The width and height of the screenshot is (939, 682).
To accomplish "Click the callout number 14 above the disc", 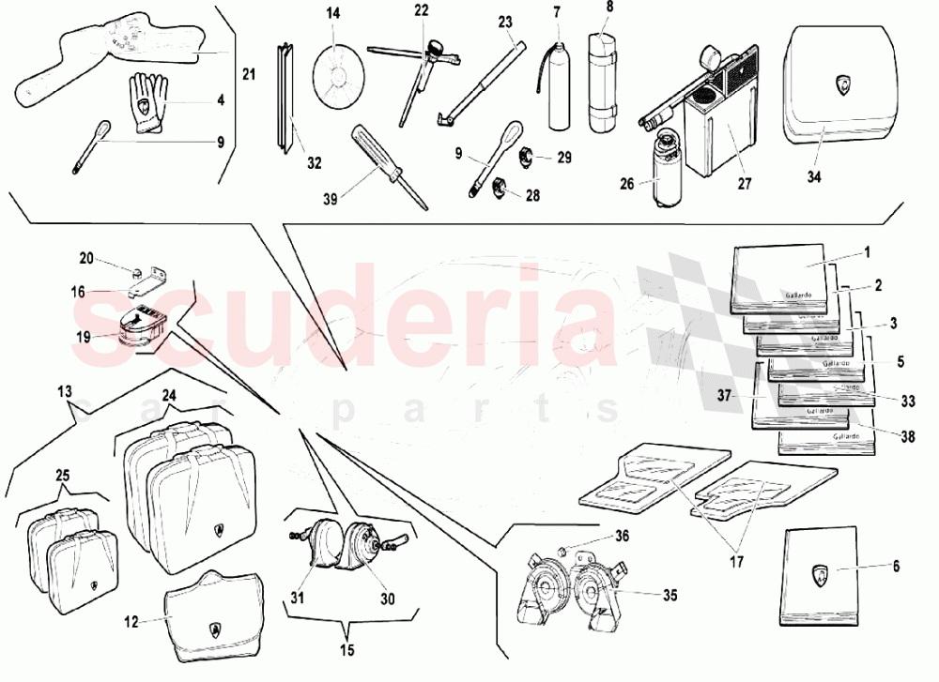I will (x=332, y=13).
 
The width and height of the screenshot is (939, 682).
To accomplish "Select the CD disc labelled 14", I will (x=340, y=68).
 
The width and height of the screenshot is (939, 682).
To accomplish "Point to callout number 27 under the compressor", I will (x=744, y=184).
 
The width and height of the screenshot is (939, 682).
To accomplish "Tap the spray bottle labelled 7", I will (x=556, y=84).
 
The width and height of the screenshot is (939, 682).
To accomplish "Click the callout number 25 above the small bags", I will (x=63, y=476).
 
